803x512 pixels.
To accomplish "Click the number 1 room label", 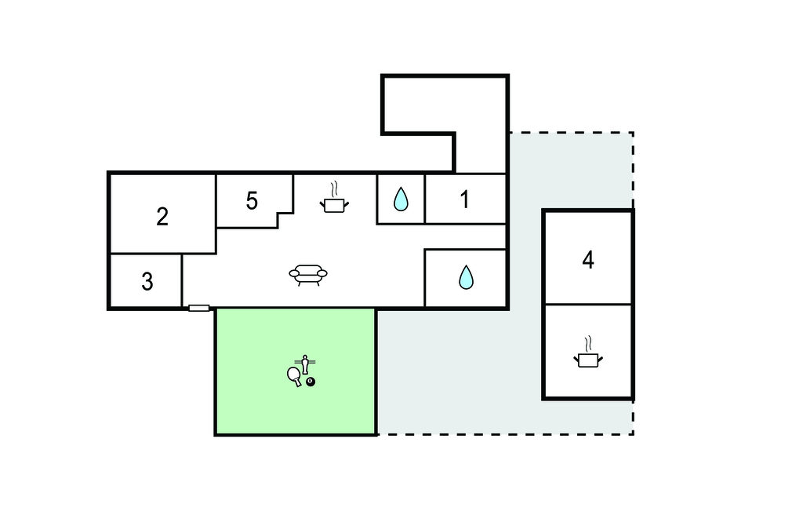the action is coord(464,199).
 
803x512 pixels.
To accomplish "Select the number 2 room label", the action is coord(162,217).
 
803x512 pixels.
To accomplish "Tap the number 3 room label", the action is coord(147,282).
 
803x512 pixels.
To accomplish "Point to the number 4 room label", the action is coord(588,260).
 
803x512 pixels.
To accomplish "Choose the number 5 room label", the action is coord(252,200).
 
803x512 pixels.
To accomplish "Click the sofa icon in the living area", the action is coord(307,275).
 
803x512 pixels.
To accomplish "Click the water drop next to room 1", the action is coord(401,199).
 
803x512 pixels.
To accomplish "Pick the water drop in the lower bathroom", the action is coord(466,277).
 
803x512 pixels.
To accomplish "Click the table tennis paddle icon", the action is coord(294,376).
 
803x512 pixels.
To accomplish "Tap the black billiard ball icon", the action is coord(311,382).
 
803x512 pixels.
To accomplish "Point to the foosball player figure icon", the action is coord(305,364).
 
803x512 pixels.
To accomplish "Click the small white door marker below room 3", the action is coord(198,309).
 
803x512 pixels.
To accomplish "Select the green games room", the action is coord(296,372).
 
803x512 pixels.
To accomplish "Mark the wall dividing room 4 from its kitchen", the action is coord(588,304).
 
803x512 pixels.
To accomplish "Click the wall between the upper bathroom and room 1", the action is coord(424,199).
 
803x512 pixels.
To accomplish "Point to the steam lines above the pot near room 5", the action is coord(334,189).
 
